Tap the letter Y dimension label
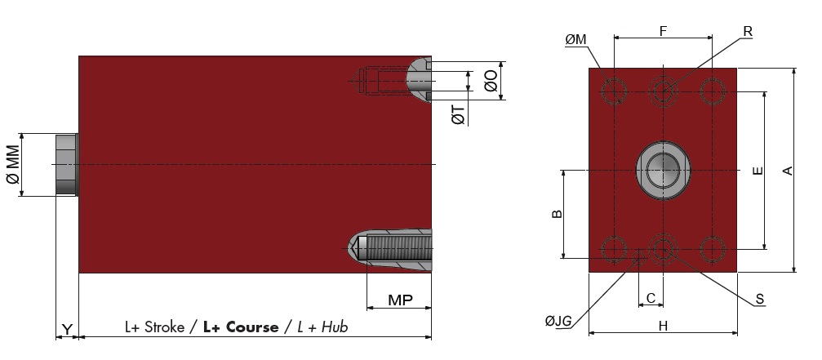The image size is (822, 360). click(x=67, y=329)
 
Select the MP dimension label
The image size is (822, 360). click(x=400, y=300)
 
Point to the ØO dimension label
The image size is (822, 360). click(x=491, y=81)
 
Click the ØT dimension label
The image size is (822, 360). click(x=458, y=115)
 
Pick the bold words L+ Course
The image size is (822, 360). click(x=241, y=327)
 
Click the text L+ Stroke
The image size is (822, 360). click(x=154, y=327)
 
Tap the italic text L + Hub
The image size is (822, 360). click(x=322, y=327)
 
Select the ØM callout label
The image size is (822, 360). click(x=575, y=40)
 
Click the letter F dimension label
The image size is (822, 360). click(x=663, y=32)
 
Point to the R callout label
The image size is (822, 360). click(x=748, y=32)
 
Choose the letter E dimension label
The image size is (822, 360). click(x=758, y=171)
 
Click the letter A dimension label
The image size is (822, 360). click(x=788, y=171)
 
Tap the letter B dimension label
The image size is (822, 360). click(x=558, y=214)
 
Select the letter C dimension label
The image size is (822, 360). click(x=651, y=298)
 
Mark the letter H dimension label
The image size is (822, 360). click(x=663, y=326)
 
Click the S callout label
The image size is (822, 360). click(x=760, y=300)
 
